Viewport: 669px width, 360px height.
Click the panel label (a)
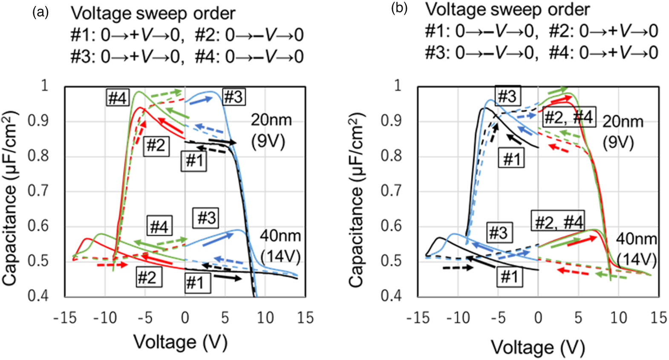tap(40, 13)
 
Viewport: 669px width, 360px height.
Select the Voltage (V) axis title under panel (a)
tap(180, 342)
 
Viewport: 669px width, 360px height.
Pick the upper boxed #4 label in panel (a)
tap(117, 98)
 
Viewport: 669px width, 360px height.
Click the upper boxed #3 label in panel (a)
tap(233, 97)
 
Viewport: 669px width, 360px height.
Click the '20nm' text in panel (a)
tap(271, 120)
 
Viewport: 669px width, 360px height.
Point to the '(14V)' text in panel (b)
tap(637, 259)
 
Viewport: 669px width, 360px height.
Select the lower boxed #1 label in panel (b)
tap(509, 277)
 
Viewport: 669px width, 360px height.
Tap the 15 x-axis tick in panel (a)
tap(305, 317)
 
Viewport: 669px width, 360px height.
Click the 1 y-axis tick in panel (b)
tap(397, 86)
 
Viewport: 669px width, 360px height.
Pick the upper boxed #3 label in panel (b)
tap(507, 96)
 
